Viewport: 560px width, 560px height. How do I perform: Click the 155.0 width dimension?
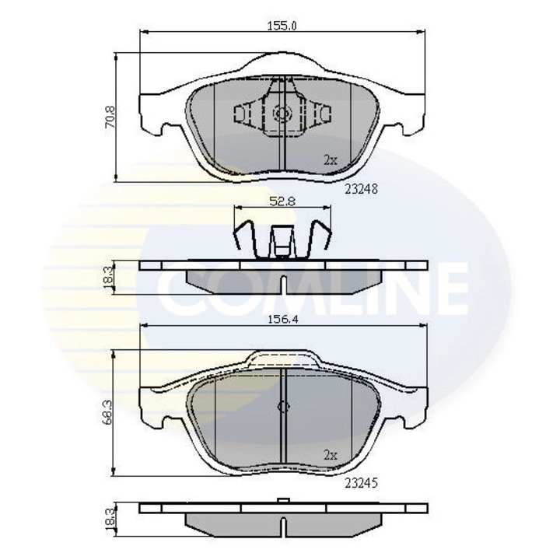point(282,25)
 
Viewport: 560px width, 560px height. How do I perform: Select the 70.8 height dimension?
point(112,117)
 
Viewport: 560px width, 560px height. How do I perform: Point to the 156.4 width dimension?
point(282,317)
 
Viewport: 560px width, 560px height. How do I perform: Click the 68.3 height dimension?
point(112,413)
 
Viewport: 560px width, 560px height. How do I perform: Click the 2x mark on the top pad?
point(329,160)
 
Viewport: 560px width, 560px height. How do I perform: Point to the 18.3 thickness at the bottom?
point(112,518)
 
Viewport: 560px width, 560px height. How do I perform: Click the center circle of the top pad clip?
point(282,115)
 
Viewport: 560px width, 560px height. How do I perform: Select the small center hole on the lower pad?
point(283,407)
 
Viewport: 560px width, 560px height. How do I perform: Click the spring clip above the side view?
point(282,236)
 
